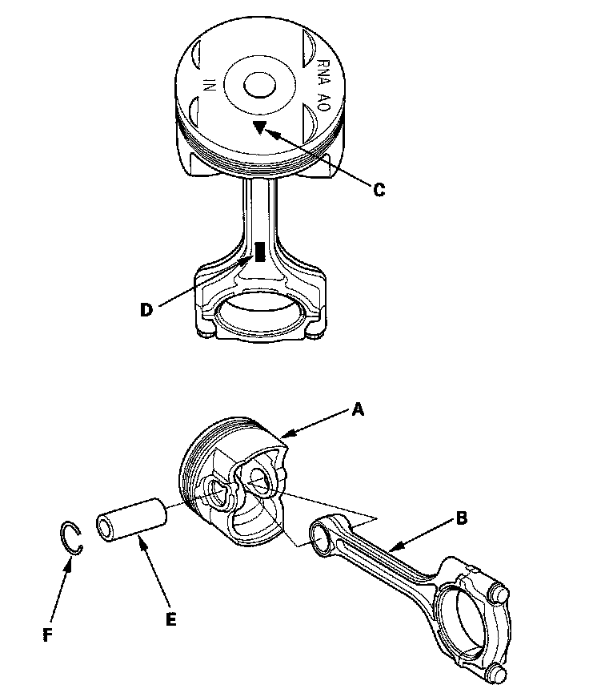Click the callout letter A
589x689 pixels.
click(x=358, y=409)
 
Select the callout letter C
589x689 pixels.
click(x=379, y=190)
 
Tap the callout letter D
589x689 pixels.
click(x=146, y=310)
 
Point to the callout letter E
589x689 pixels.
click(x=170, y=618)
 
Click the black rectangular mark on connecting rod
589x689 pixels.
click(x=259, y=252)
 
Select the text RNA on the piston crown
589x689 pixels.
click(x=323, y=70)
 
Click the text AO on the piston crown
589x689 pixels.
click(x=324, y=102)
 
